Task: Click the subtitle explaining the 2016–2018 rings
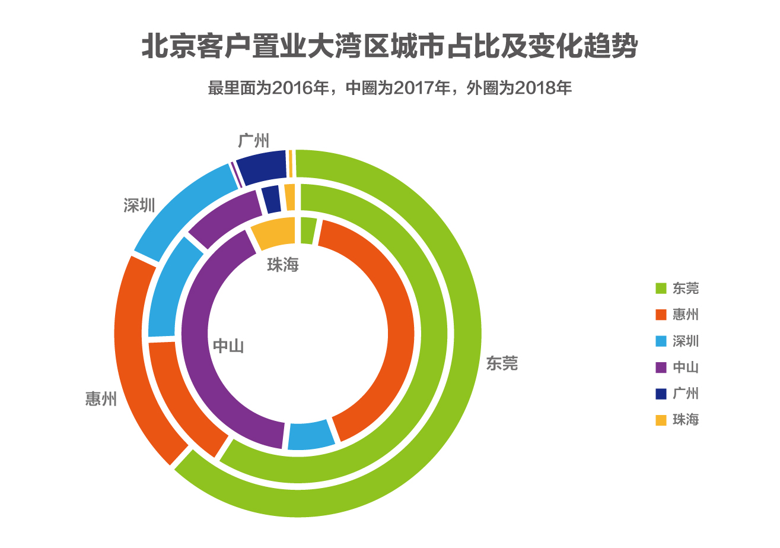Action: pos(389,88)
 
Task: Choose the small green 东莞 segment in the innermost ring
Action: pos(307,230)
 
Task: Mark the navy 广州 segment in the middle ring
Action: pos(271,199)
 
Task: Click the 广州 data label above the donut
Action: pos(253,141)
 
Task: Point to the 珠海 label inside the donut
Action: pos(283,265)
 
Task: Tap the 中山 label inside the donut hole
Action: pos(228,347)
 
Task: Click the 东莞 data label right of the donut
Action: pos(502,363)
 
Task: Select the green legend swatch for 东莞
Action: pos(661,289)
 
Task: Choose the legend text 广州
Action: pos(686,394)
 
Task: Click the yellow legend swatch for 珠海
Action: pos(661,420)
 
